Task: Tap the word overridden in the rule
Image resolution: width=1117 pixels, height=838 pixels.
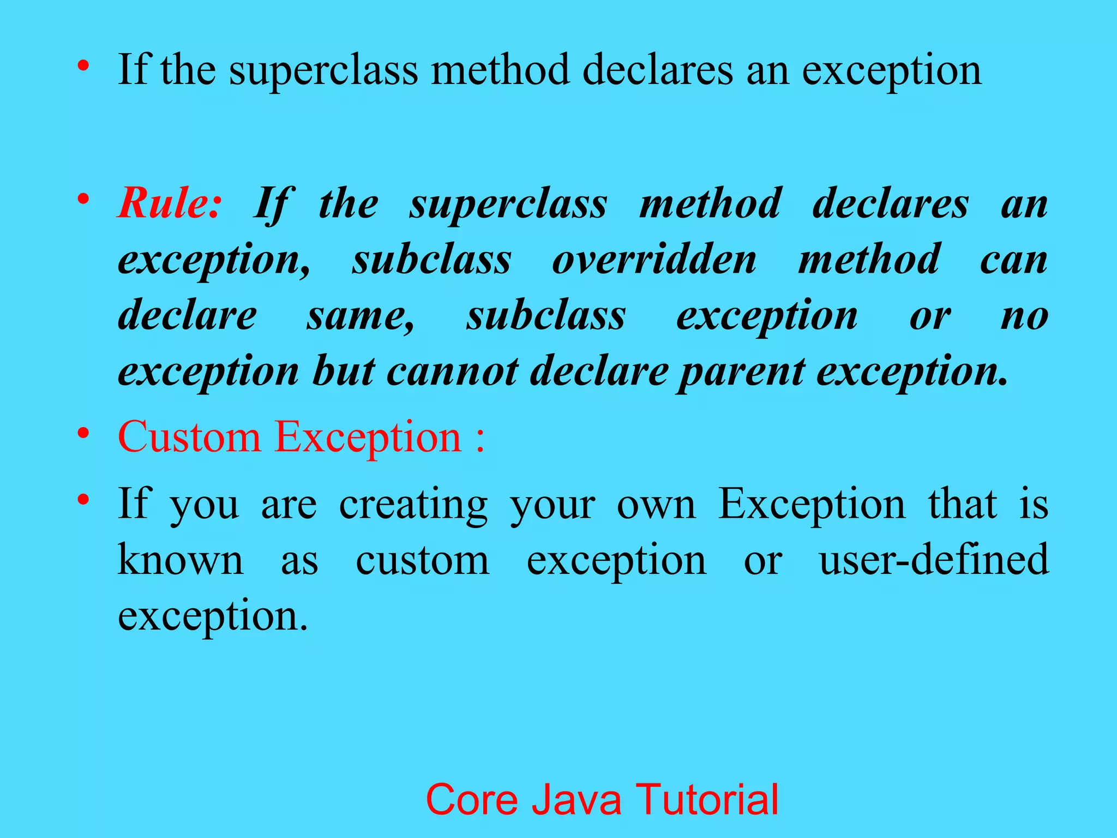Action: [x=654, y=260]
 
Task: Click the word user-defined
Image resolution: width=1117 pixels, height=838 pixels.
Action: [x=934, y=560]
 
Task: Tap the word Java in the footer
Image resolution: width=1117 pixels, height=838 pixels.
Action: [x=576, y=799]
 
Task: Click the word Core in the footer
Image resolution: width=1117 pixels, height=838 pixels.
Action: [x=471, y=799]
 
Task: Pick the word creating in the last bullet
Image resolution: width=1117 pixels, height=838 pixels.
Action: [x=413, y=505]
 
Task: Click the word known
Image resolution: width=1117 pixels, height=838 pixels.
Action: [x=181, y=560]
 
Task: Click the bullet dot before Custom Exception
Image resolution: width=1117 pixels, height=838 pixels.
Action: [x=83, y=434]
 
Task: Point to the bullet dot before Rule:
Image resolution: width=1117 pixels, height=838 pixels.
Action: [x=83, y=199]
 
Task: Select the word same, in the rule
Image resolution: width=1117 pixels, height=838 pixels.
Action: [x=361, y=317]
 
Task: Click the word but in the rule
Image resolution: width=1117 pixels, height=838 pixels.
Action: [x=343, y=372]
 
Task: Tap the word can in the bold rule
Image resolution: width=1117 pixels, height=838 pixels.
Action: [x=1013, y=261]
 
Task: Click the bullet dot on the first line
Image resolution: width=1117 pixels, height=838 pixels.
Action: [x=83, y=66]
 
